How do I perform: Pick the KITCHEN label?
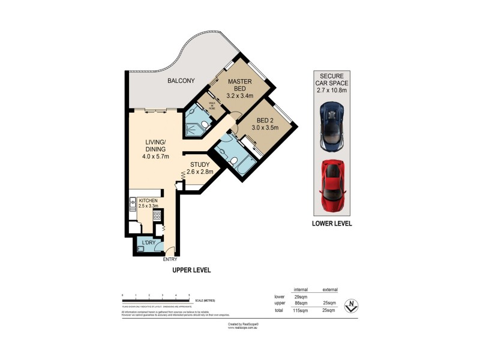(x=148, y=200)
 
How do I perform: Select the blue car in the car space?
(x=331, y=127)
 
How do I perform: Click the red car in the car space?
(x=332, y=186)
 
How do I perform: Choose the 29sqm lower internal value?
(x=301, y=296)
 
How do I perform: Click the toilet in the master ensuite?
(x=205, y=124)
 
